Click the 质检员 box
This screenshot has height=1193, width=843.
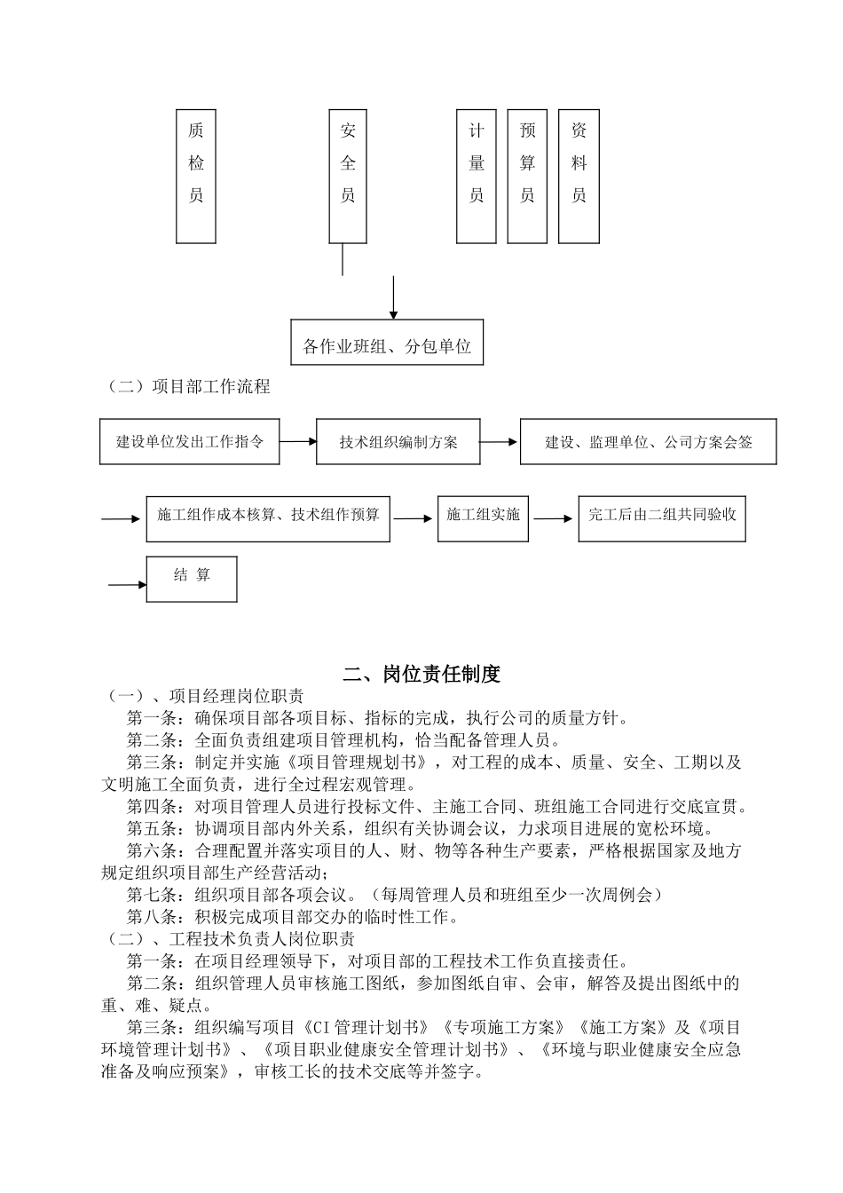pos(196,176)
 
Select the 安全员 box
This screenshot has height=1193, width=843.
pos(348,176)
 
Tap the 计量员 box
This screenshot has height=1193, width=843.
pos(477,176)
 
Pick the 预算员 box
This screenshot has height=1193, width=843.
pos(527,176)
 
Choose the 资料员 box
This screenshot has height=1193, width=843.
pos(579,176)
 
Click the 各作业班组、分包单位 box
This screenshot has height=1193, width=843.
pos(387,343)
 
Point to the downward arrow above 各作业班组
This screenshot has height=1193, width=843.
pos(393,297)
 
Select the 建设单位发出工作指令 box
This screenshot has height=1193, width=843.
pos(190,442)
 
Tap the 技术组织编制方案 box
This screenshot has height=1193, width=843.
pos(398,442)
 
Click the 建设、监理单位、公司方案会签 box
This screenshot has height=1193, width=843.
pos(648,442)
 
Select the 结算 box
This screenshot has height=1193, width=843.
pos(192,579)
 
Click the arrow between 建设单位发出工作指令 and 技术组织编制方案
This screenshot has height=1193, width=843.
pos(298,442)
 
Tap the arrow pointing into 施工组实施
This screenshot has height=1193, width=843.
pos(414,518)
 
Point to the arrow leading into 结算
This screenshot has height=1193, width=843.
pos(127,585)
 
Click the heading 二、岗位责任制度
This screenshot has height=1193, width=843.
pos(421,675)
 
